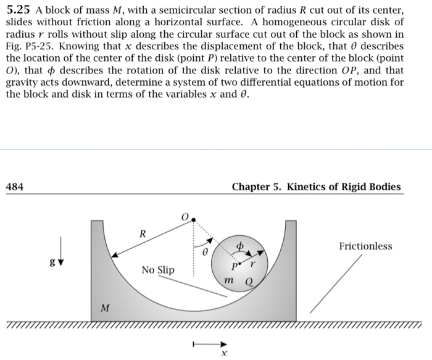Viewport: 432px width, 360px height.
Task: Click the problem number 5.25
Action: pos(19,9)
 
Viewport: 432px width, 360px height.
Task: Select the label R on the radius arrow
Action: pos(142,234)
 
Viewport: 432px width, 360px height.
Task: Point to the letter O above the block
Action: pos(184,217)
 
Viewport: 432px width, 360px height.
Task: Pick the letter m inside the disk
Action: pos(228,282)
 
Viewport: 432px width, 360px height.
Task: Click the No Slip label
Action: pos(157,270)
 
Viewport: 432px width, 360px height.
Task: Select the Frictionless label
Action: pos(365,246)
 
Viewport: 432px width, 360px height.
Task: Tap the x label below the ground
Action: pos(225,353)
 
